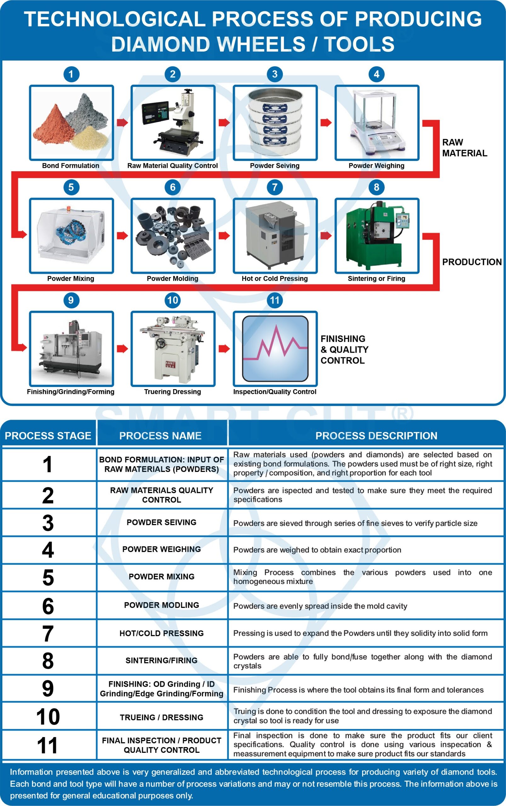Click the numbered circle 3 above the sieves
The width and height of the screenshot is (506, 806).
(275, 74)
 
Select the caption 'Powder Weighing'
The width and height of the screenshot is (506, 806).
(376, 166)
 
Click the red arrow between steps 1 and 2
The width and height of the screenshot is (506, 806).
(122, 122)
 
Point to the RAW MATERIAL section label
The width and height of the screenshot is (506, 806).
(464, 148)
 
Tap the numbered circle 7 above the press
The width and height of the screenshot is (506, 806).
(275, 187)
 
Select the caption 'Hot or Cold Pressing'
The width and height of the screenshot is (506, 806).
(275, 278)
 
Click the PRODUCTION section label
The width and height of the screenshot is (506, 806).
(472, 262)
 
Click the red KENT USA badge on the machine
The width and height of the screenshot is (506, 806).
(170, 364)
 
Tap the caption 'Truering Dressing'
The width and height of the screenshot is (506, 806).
(172, 391)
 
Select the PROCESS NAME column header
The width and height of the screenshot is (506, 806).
(160, 435)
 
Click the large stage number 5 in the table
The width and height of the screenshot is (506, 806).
(48, 577)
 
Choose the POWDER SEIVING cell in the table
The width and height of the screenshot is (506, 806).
(161, 522)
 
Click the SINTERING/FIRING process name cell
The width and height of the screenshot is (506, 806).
(161, 660)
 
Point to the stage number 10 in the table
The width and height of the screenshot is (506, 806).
(48, 717)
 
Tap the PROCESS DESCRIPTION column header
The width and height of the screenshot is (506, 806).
(376, 435)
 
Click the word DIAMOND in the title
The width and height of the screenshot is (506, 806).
(161, 44)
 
